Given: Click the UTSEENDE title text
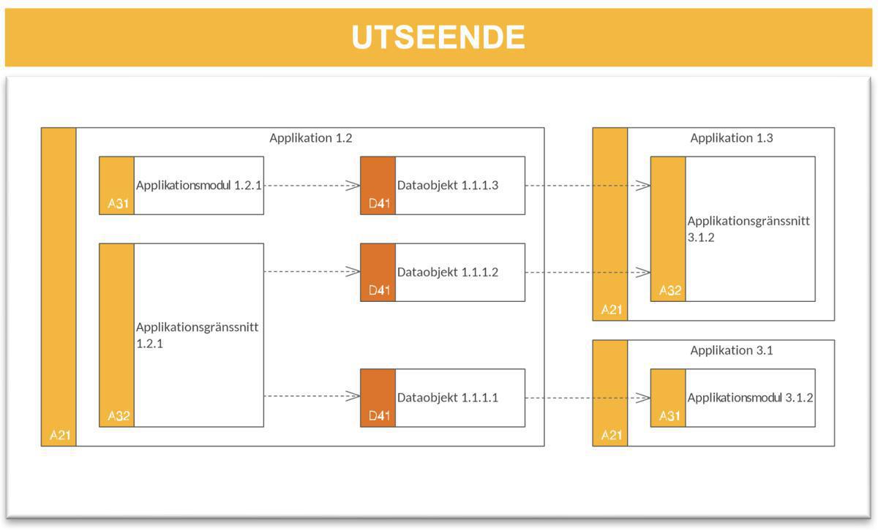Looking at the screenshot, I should click(x=438, y=37).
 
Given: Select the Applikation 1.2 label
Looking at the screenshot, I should click(x=311, y=138).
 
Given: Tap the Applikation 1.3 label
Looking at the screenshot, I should click(x=732, y=138).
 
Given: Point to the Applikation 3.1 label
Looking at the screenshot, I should click(x=732, y=350).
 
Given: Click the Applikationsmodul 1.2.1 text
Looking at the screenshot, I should click(x=198, y=185).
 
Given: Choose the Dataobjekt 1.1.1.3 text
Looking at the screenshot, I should click(x=448, y=185).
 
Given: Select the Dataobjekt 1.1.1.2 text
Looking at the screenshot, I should click(x=448, y=272).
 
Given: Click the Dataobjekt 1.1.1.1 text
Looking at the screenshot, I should click(x=448, y=398).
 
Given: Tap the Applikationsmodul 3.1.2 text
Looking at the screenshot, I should click(x=750, y=398).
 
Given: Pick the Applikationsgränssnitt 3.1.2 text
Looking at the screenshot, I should click(x=748, y=228).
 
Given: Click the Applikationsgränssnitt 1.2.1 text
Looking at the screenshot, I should click(x=198, y=334).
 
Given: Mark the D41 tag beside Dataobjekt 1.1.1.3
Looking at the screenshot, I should click(x=378, y=204).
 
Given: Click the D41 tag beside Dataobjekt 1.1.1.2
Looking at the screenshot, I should click(x=378, y=291).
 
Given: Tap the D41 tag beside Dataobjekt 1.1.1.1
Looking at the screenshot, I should click(x=378, y=417).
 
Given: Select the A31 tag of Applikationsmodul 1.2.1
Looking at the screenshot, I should click(x=118, y=204).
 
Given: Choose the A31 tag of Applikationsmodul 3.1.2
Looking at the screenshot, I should click(x=669, y=417).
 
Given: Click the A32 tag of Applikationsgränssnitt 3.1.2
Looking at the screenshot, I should click(x=669, y=291).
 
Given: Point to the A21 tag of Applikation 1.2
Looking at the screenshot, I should click(x=59, y=436).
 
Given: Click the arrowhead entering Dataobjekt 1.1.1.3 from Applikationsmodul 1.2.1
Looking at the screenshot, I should click(x=353, y=186).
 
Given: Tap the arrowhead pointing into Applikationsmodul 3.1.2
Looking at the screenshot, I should click(x=643, y=398).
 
